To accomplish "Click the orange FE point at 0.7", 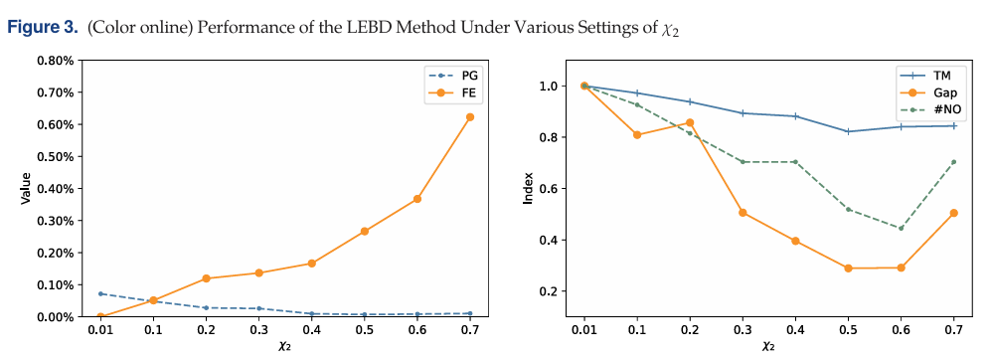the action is pos(469,117).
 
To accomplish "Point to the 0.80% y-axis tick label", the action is pos(57,61).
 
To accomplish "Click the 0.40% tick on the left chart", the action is pos(57,189).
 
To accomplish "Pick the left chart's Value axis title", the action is pos(26,189).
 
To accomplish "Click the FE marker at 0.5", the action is pos(365,231).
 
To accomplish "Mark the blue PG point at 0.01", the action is pos(100,293).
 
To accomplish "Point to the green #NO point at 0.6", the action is pos(901,229).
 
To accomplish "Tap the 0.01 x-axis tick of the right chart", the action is pos(584,329).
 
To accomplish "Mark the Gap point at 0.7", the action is pos(953,213).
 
